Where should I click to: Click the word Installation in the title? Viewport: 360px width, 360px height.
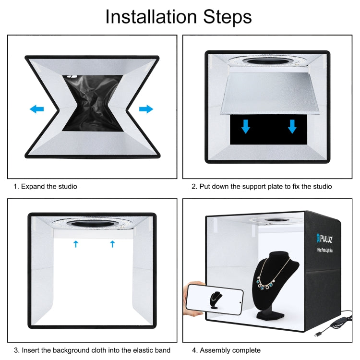[151, 16]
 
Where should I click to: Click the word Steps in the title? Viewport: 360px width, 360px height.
[228, 16]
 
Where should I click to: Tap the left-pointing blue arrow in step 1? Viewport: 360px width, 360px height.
[37, 109]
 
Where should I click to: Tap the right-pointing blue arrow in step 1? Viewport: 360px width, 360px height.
[146, 109]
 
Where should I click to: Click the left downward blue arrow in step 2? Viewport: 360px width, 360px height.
[245, 126]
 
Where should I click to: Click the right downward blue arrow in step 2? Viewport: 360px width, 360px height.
[292, 126]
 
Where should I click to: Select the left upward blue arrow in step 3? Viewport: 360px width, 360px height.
[76, 244]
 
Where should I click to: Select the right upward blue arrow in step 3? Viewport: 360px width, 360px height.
[112, 244]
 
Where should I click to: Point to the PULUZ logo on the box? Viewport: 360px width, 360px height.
[324, 239]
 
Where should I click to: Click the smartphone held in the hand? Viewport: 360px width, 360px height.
[215, 299]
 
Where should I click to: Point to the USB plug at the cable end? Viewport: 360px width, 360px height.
[318, 334]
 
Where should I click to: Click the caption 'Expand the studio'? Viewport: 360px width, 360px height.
[49, 186]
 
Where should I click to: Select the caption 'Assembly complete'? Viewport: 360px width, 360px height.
[230, 350]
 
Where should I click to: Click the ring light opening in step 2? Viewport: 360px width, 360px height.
[268, 61]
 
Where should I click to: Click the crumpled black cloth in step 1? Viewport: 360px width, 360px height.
[93, 103]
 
